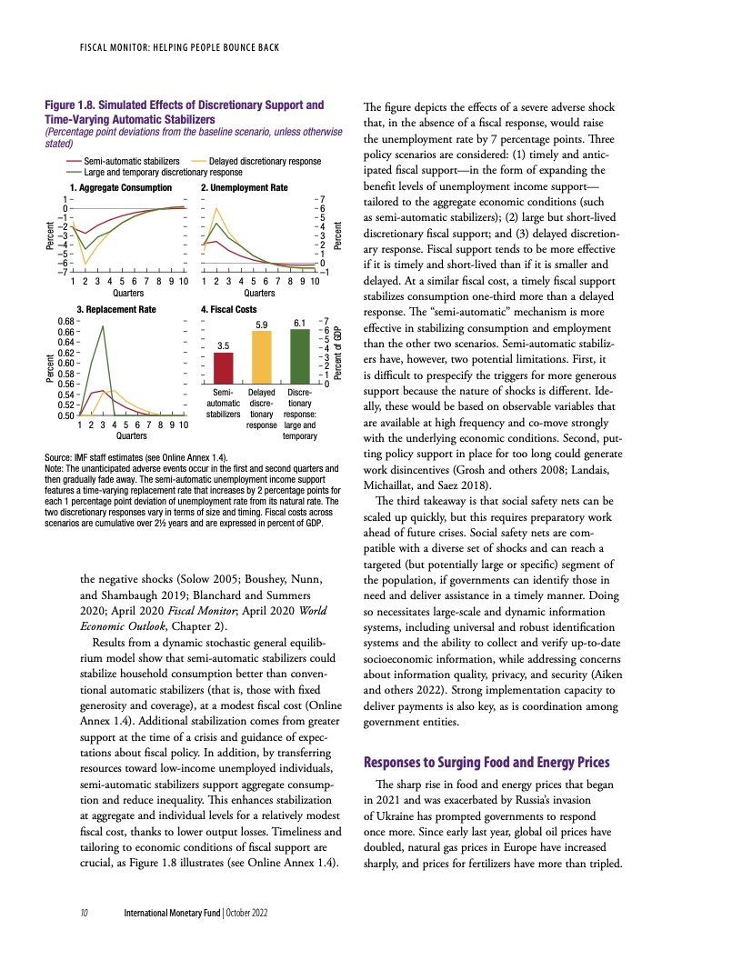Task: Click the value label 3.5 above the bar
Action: tap(223, 345)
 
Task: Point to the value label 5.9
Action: tap(261, 324)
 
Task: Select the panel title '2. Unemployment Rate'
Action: tap(244, 187)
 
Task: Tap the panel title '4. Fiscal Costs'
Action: tap(231, 310)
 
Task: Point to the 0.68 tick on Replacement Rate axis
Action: tap(65, 322)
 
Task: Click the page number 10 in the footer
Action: tap(83, 910)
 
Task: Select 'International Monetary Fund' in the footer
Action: tap(173, 910)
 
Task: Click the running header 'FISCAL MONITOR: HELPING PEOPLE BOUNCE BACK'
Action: tap(178, 46)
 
